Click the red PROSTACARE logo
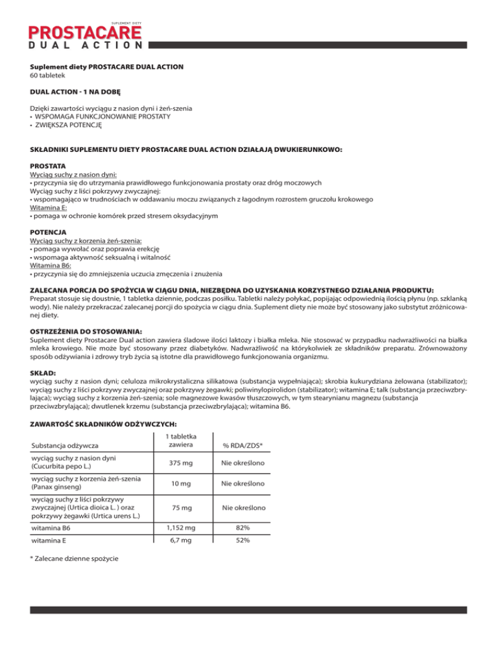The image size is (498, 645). coord(84,32)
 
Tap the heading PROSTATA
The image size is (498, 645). coord(49,165)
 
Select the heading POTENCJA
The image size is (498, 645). coord(49,232)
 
